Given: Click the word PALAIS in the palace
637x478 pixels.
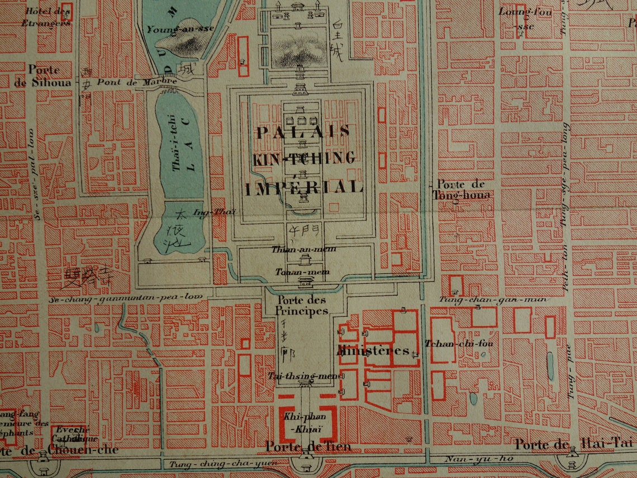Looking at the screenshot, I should coord(303,132).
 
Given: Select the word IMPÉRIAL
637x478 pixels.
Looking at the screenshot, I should coord(304,187).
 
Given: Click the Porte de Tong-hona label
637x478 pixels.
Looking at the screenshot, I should coord(460,190).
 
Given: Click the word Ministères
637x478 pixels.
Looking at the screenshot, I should coord(373,351).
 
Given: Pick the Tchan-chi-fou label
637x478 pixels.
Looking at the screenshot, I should coord(459,343).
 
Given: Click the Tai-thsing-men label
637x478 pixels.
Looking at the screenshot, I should coord(300,376).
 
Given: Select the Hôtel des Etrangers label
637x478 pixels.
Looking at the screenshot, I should coord(47,17).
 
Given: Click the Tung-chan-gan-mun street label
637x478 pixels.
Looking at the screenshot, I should coord(492,300).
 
